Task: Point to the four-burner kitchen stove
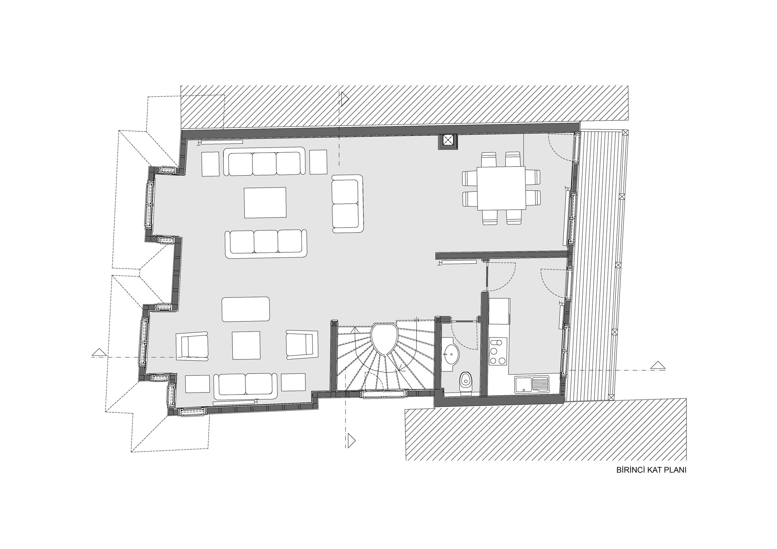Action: (x=498, y=352)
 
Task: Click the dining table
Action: (x=501, y=188)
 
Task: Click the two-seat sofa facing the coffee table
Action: (x=347, y=204)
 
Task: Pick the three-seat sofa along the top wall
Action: (x=264, y=162)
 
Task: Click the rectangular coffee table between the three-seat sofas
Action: (x=265, y=203)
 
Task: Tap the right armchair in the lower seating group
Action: (x=302, y=344)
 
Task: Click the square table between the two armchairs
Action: (x=246, y=345)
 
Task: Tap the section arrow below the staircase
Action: (x=352, y=440)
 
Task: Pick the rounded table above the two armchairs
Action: (x=246, y=309)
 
